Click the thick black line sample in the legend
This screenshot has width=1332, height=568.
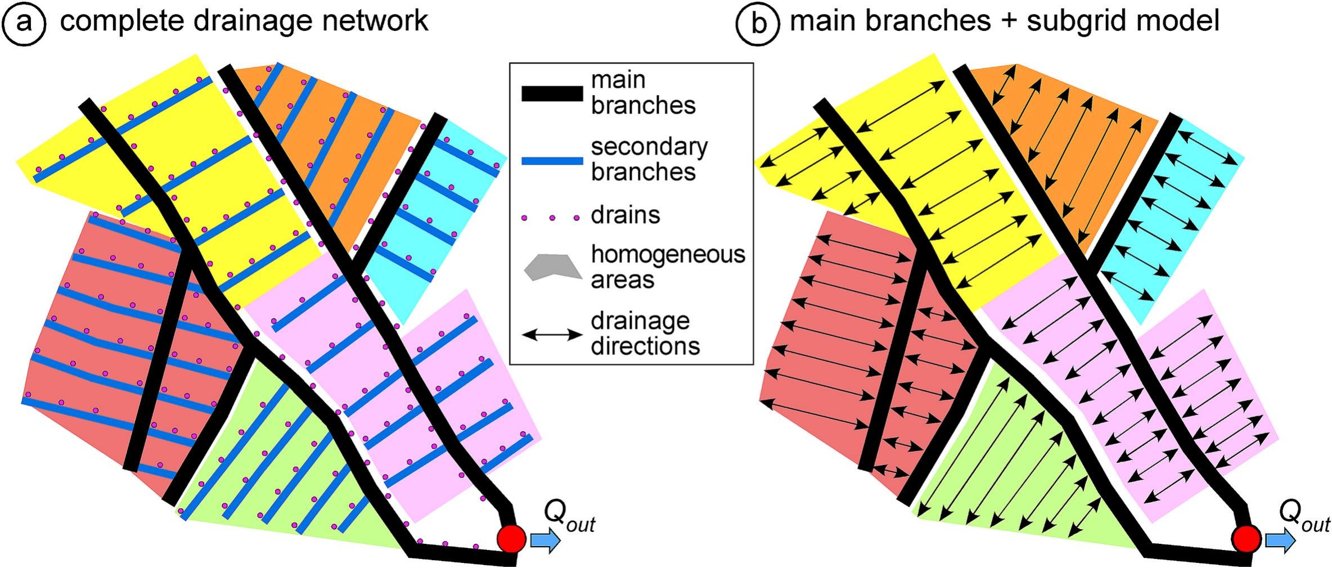[552, 93]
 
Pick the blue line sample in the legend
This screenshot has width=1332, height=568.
[552, 161]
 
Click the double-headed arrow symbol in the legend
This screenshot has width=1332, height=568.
[552, 335]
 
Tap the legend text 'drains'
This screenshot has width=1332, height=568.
[625, 215]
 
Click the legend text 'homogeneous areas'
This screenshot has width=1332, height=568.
[667, 267]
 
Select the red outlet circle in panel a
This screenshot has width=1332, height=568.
[511, 538]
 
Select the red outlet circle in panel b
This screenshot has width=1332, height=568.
[1246, 538]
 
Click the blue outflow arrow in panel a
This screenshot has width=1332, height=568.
[545, 540]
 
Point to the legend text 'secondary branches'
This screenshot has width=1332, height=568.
[649, 159]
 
